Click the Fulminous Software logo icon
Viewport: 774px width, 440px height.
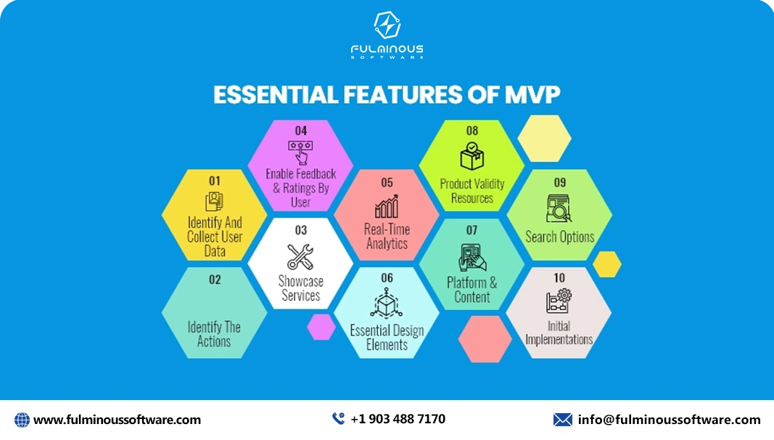tap(387, 25)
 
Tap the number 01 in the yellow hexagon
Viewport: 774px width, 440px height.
tap(215, 180)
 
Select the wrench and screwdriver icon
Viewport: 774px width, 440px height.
tap(300, 256)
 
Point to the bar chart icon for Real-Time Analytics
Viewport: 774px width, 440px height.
tap(387, 205)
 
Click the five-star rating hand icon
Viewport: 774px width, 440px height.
tap(300, 152)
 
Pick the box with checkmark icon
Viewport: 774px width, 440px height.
tap(472, 156)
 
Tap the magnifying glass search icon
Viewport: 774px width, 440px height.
tap(559, 208)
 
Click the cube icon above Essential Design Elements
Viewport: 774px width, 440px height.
tap(387, 303)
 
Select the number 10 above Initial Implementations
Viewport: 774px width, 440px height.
tap(559, 278)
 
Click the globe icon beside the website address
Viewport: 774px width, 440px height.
tap(22, 420)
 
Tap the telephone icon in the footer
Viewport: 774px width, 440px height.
tap(338, 419)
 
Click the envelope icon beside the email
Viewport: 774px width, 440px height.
tap(562, 420)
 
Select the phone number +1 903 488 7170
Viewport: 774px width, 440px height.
tap(398, 419)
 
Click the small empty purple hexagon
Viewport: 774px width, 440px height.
tap(321, 326)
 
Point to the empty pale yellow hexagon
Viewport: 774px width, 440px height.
tap(545, 138)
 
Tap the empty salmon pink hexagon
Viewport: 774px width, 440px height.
tap(485, 339)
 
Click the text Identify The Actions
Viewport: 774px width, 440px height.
tap(214, 334)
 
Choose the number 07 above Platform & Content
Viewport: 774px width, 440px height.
tap(472, 230)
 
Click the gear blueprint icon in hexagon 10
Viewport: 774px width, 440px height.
tap(559, 301)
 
